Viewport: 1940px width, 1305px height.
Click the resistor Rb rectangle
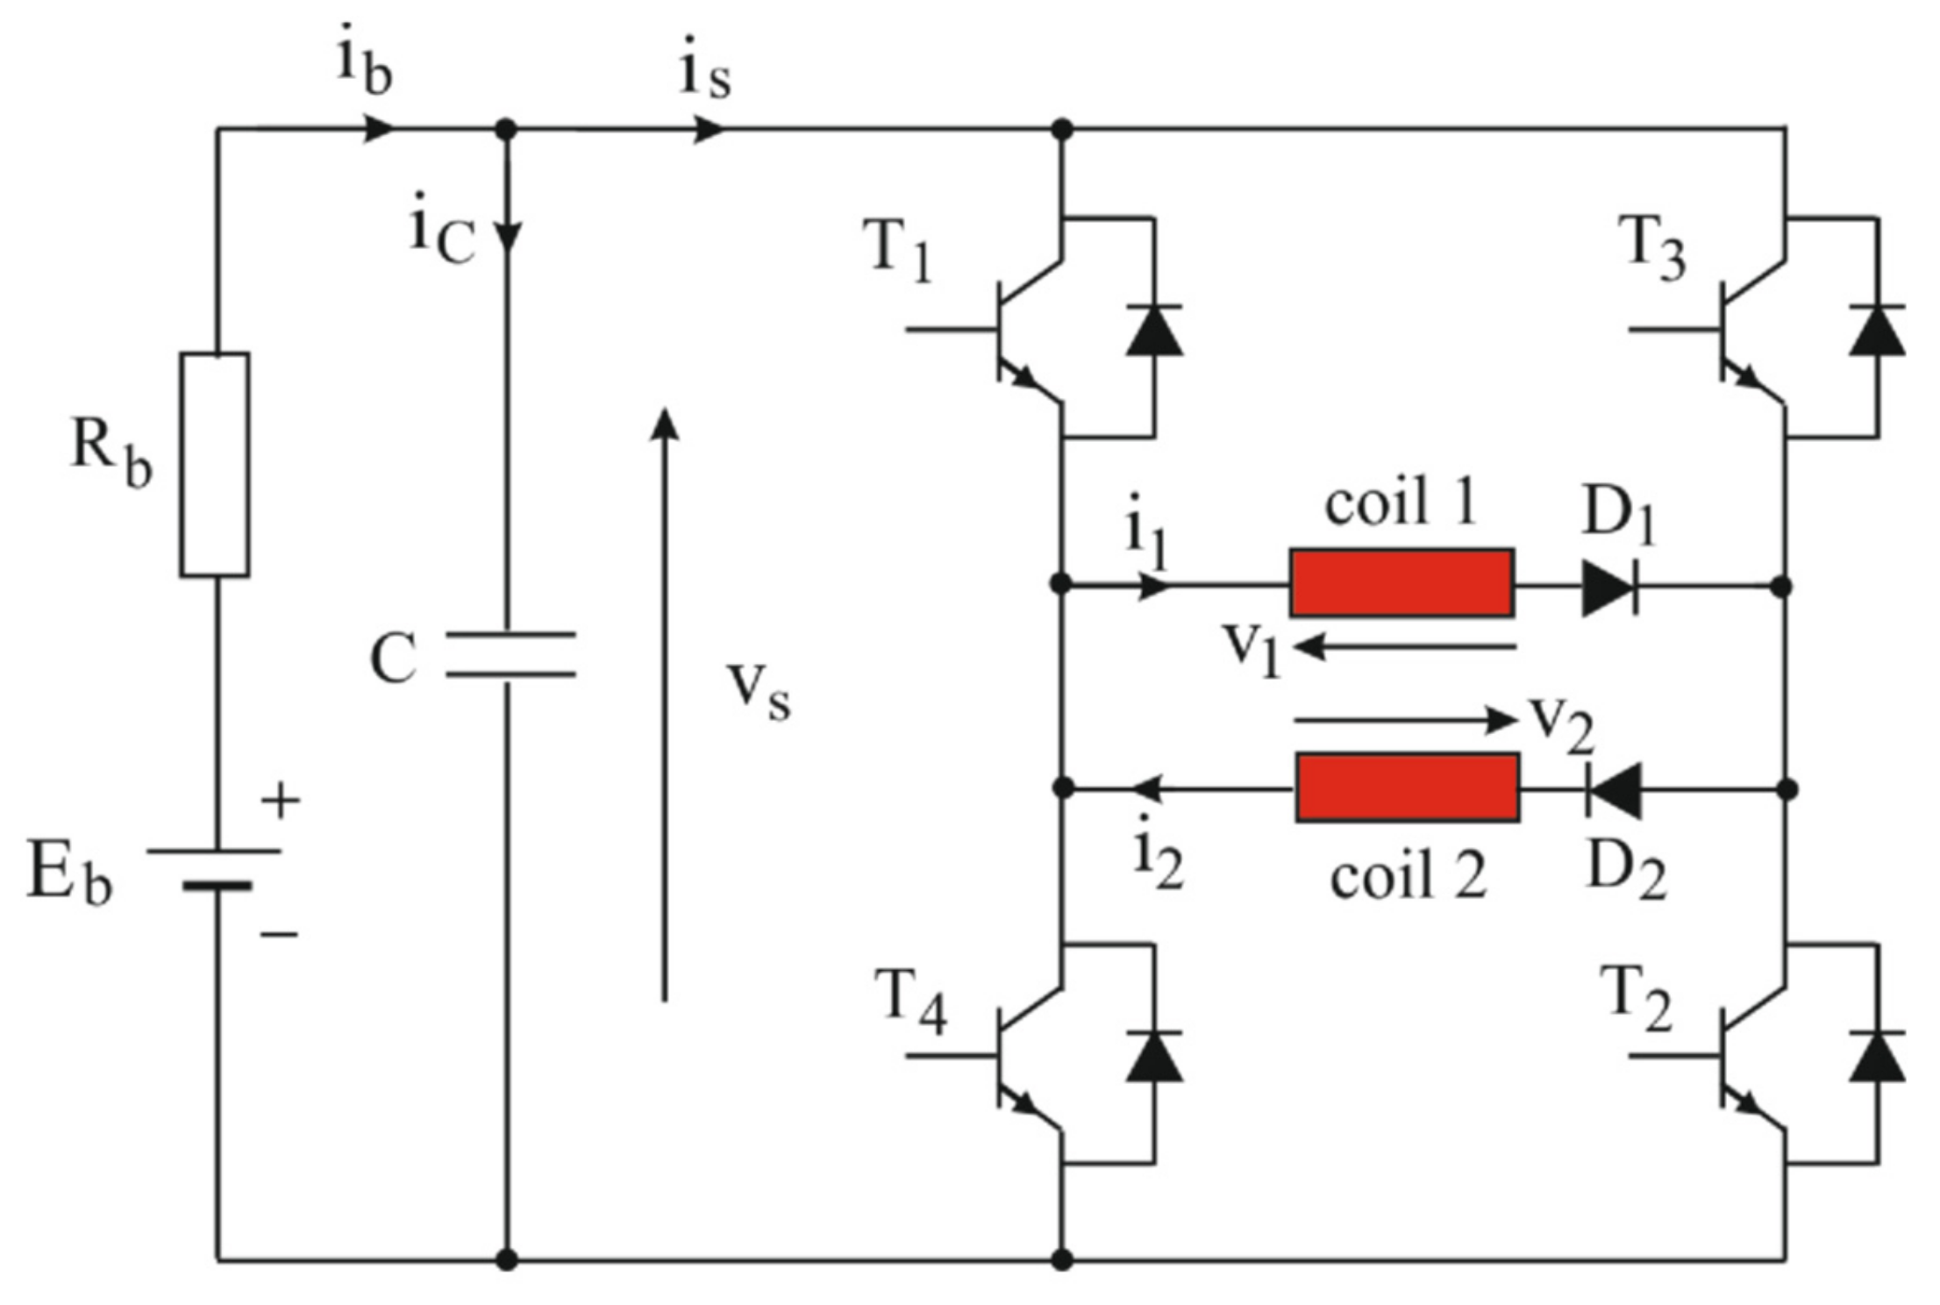pos(215,465)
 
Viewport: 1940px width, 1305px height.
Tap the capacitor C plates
pos(510,654)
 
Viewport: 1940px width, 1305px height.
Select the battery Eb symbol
pos(216,868)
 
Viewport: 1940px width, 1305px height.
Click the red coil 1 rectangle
pos(1401,583)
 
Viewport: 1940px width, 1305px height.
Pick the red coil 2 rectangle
pos(1407,788)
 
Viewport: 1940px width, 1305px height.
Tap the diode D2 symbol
pos(1615,789)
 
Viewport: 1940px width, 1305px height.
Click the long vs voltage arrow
pos(665,702)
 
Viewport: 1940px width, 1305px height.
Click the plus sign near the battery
pos(281,800)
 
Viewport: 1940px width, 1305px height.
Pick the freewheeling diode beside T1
pos(1153,330)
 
